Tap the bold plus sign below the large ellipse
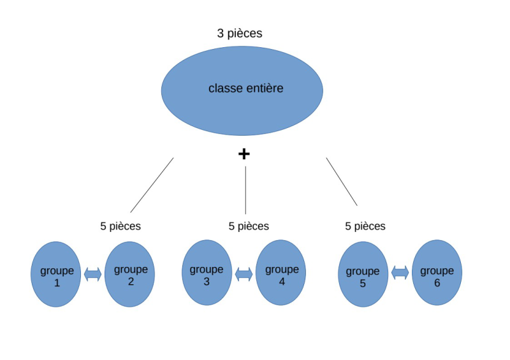tap(244, 154)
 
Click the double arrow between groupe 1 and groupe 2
tap(93, 274)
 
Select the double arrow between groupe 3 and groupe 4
tap(244, 274)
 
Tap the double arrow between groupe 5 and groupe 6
tap(400, 273)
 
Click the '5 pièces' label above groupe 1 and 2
tap(120, 226)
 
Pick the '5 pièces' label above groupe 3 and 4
tap(249, 226)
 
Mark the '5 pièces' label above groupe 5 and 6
tap(365, 226)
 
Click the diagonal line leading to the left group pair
tap(152, 185)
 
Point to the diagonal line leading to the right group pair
tap(342, 182)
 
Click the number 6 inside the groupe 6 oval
tap(437, 282)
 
